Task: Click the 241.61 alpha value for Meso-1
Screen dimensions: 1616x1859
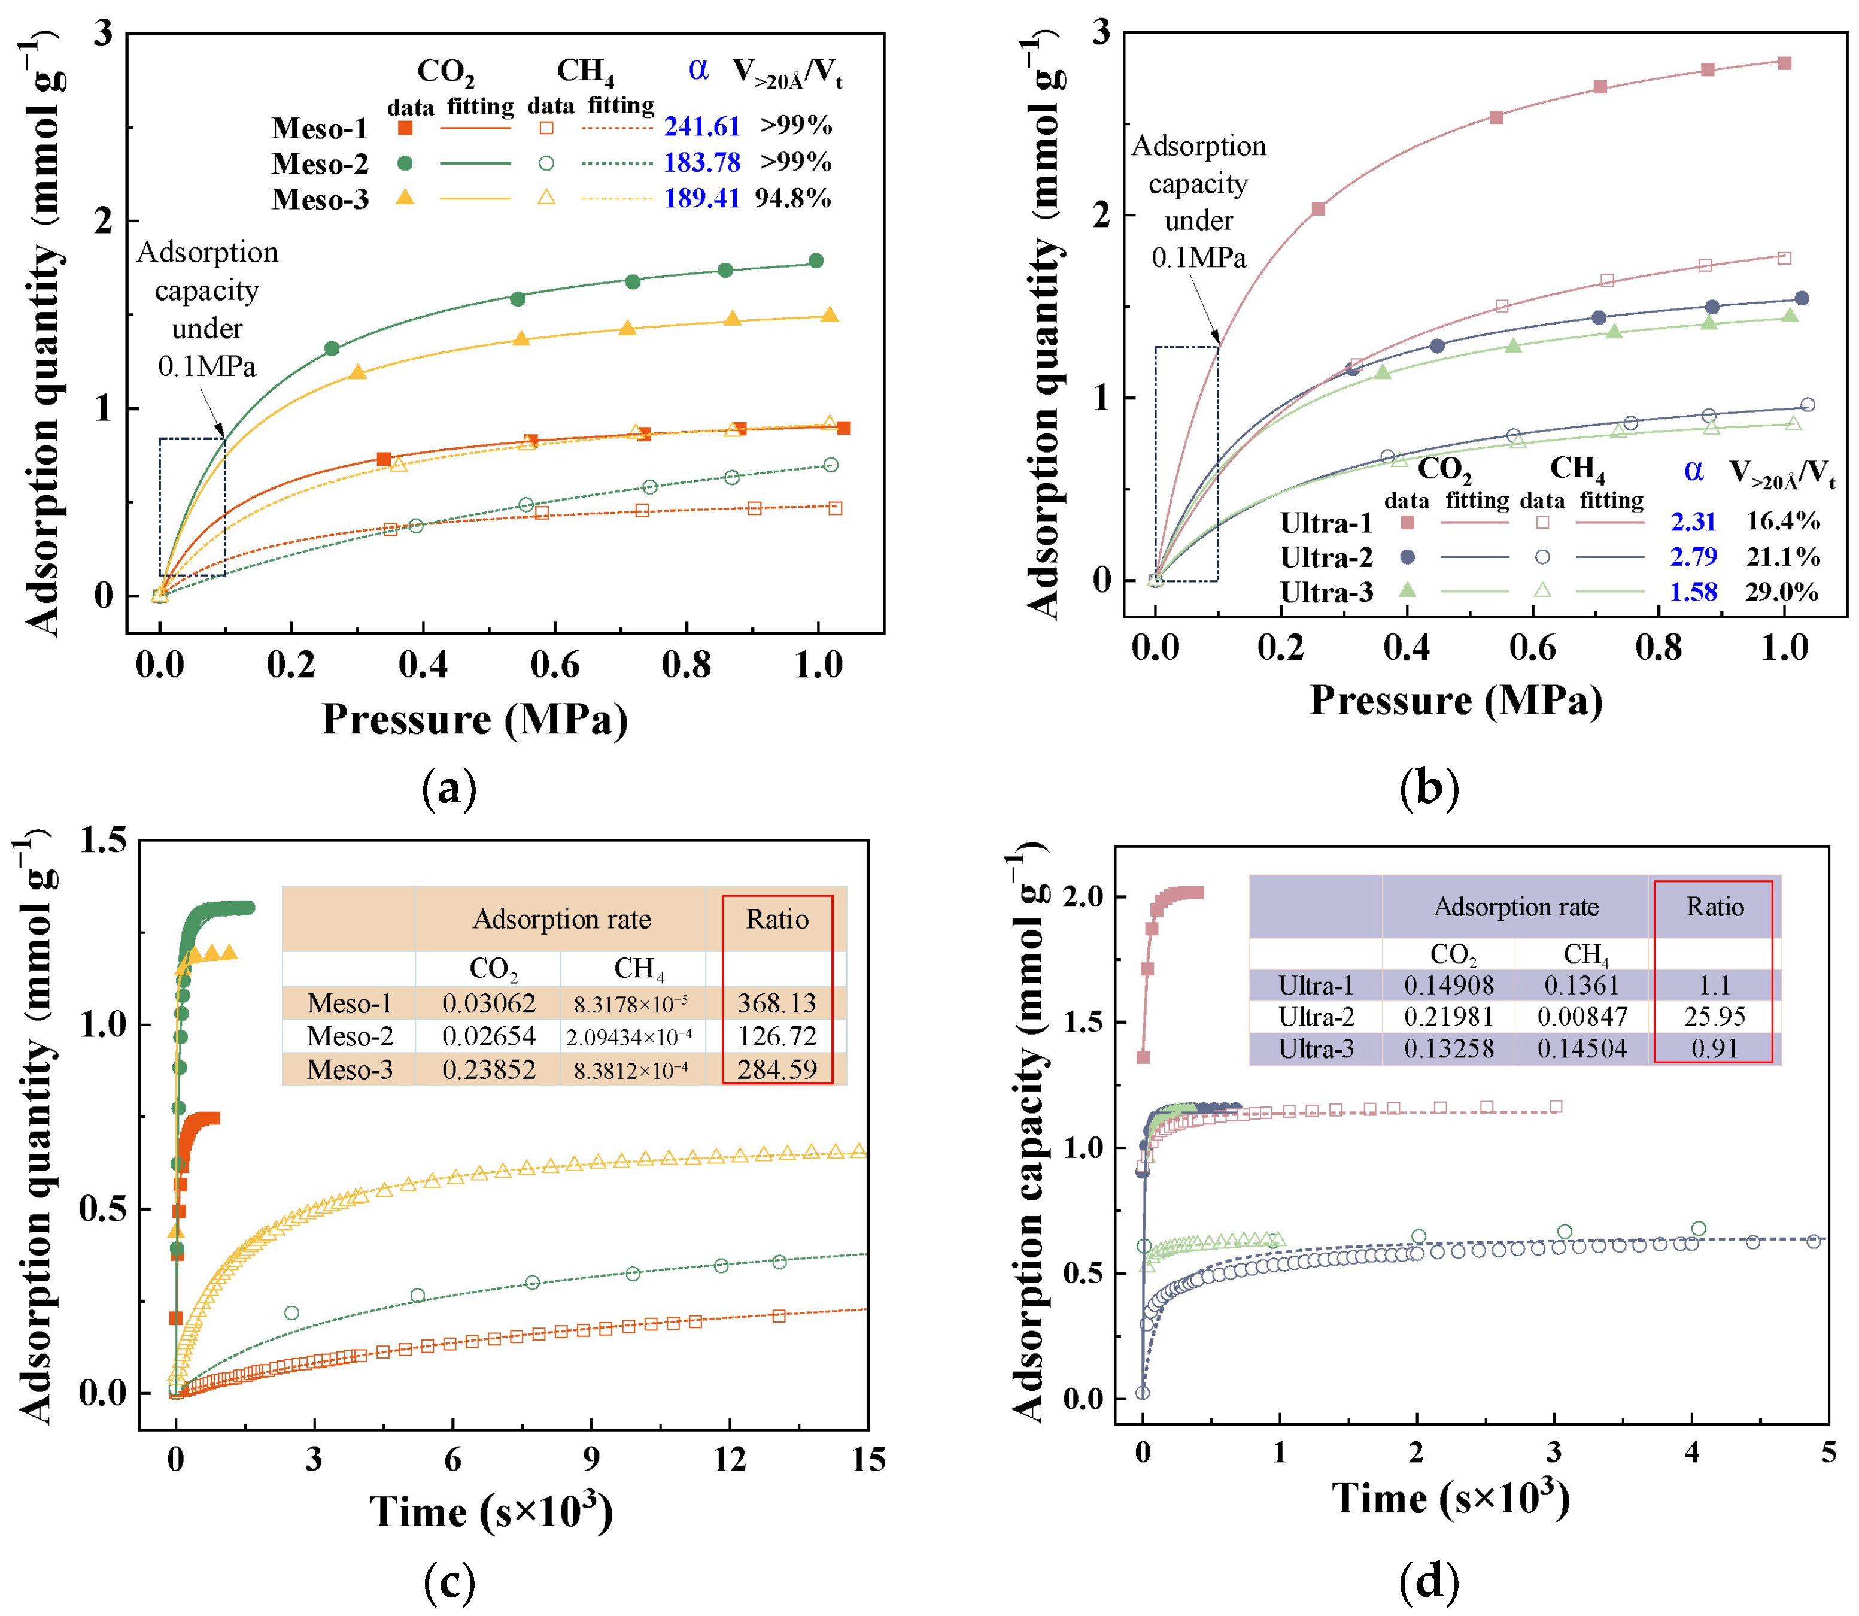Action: tap(701, 127)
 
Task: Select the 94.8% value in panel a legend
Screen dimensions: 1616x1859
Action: tap(792, 198)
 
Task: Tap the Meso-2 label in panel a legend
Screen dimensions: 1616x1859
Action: tap(320, 164)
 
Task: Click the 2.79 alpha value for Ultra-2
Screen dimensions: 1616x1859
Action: tap(1693, 557)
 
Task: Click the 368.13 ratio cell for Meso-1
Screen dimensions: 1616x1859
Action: tap(776, 1003)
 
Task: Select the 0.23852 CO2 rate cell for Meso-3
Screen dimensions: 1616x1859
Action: tap(488, 1069)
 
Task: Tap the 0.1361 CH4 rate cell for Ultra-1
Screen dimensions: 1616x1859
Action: tap(1581, 986)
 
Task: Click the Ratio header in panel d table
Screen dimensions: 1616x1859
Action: tap(1715, 907)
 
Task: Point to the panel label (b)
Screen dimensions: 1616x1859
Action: tap(1429, 788)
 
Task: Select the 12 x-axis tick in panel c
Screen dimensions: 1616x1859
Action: tap(730, 1459)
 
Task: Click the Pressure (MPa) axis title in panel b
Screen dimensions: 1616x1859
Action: tap(1456, 701)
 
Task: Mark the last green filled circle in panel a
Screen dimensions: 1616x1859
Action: tap(816, 260)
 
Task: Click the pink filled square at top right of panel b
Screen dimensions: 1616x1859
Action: tap(1784, 63)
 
